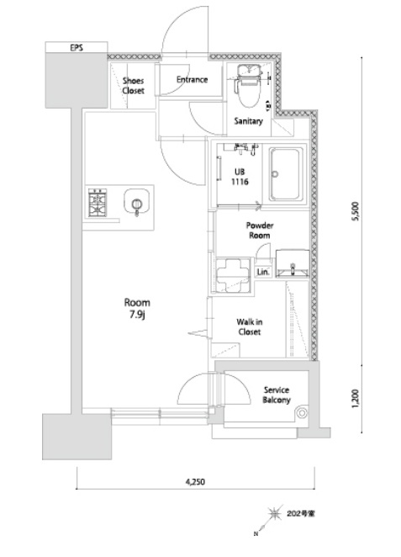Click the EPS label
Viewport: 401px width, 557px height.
pyautogui.click(x=77, y=47)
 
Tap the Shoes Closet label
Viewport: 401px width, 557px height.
pyautogui.click(x=133, y=86)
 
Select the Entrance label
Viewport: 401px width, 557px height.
pyautogui.click(x=192, y=80)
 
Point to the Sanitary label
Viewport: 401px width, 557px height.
pyautogui.click(x=248, y=121)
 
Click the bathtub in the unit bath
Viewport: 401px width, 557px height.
pyautogui.click(x=285, y=174)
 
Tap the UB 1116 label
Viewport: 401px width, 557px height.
pyautogui.click(x=240, y=177)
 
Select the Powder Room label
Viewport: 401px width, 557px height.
pyautogui.click(x=260, y=231)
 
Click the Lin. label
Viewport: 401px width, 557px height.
pyautogui.click(x=263, y=272)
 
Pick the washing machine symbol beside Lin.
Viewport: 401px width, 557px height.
pyautogui.click(x=234, y=275)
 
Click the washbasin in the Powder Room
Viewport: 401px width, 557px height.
pyautogui.click(x=293, y=263)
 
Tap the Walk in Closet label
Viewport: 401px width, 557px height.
pyautogui.click(x=250, y=326)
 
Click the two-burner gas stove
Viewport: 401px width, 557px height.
pyautogui.click(x=98, y=203)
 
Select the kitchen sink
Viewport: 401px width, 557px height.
pyautogui.click(x=137, y=202)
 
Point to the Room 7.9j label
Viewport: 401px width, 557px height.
pyautogui.click(x=137, y=308)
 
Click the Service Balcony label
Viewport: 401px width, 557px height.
pyautogui.click(x=277, y=395)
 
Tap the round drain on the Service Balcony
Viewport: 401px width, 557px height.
pyautogui.click(x=302, y=413)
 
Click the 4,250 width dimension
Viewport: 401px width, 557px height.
pyautogui.click(x=195, y=481)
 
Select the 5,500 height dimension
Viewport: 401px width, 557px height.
pyautogui.click(x=356, y=211)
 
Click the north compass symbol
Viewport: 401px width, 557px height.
pyautogui.click(x=274, y=513)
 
